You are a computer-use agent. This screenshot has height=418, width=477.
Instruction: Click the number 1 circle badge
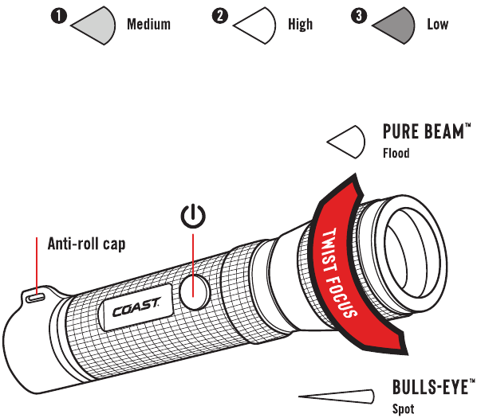tap(59, 16)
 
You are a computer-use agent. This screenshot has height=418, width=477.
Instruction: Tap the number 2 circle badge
tap(220, 15)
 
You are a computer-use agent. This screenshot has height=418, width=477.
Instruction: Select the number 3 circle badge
tap(359, 15)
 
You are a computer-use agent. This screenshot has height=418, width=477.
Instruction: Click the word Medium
tap(148, 24)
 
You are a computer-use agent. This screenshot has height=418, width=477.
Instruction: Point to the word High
tap(300, 24)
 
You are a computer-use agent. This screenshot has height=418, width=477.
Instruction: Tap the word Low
tap(437, 24)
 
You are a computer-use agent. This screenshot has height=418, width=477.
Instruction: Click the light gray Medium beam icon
tap(93, 25)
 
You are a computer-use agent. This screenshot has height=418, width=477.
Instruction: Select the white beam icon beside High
tap(254, 25)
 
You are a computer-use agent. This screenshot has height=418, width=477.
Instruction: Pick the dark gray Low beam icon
tap(393, 25)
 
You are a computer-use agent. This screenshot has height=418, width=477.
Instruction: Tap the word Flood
tap(396, 153)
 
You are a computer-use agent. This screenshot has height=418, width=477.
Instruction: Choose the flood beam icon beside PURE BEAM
tap(346, 142)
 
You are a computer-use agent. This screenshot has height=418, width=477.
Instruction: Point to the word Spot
tap(403, 409)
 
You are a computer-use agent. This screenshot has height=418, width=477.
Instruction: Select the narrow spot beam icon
tap(336, 397)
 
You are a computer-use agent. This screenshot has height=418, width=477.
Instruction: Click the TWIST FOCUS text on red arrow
tap(340, 273)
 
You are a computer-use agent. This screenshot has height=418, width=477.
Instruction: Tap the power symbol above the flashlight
tap(193, 216)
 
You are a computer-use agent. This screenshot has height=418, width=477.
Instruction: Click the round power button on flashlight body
tap(194, 292)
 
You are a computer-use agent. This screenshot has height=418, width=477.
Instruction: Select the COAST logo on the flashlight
tap(136, 308)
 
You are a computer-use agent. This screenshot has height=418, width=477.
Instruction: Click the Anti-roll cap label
tap(86, 244)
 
